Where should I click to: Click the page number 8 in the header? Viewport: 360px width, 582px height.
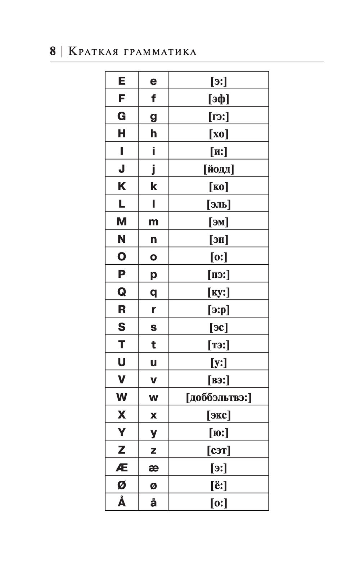53,51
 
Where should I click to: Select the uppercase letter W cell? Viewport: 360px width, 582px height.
122,397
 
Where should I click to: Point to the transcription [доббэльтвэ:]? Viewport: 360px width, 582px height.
219,397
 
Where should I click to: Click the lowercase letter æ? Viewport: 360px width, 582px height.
153,468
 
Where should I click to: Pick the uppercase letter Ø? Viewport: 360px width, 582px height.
122,485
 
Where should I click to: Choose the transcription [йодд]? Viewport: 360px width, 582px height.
219,169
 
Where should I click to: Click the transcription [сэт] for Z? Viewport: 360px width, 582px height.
219,450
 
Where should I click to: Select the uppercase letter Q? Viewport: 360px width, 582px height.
122,291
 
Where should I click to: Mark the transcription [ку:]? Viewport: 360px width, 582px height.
219,292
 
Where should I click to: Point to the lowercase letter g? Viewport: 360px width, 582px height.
153,116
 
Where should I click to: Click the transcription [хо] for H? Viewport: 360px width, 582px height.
219,134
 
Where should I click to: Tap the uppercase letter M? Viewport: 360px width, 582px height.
122,221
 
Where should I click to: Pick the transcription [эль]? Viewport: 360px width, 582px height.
219,204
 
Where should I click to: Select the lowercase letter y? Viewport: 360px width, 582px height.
153,433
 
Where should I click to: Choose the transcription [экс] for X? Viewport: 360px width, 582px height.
219,415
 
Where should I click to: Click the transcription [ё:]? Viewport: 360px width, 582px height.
219,485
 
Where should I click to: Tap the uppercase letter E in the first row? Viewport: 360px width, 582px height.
122,81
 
